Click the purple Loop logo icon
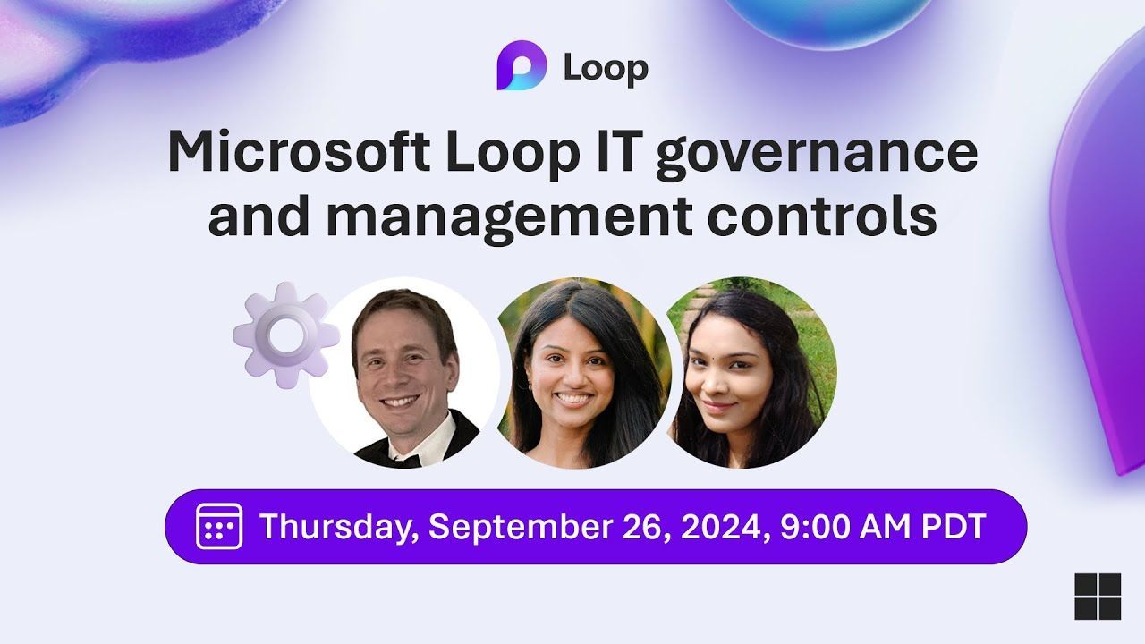pos(522,69)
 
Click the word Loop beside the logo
pos(606,70)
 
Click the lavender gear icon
pos(285,334)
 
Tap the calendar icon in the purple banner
pos(219,526)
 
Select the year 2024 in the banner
pos(722,526)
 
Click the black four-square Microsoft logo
pos(1097,596)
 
